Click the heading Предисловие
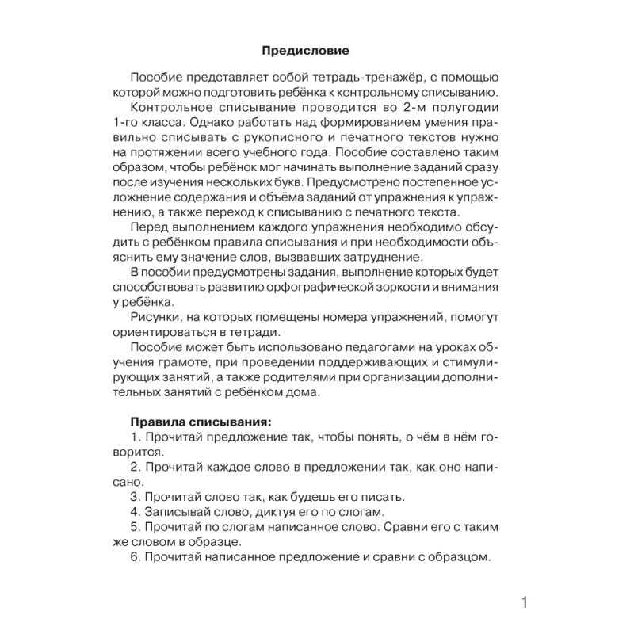point(304,52)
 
